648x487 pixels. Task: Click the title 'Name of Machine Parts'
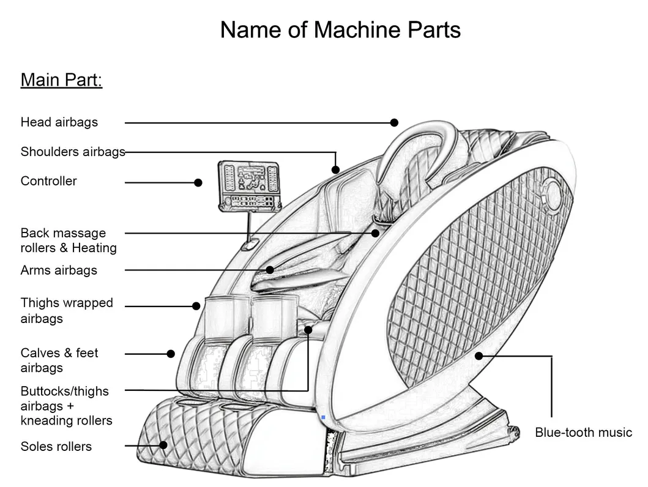[x=340, y=29]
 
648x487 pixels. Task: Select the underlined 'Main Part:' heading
[x=61, y=80]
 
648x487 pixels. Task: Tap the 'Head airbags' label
[x=59, y=122]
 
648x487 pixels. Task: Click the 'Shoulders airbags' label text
[x=72, y=152]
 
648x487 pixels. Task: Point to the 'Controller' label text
[x=48, y=181]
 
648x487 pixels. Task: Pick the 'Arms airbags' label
[x=59, y=270]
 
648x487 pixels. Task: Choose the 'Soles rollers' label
[x=56, y=447]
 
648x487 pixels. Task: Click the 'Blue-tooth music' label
[x=583, y=433]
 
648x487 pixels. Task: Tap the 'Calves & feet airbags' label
[x=59, y=360]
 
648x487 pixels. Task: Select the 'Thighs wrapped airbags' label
[x=67, y=310]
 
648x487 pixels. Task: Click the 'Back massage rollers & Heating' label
[x=68, y=240]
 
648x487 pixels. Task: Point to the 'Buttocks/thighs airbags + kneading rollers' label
[x=66, y=406]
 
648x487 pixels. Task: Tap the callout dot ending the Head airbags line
[x=395, y=122]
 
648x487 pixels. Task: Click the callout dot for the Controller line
[x=198, y=182]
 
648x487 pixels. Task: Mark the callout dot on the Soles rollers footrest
[x=163, y=445]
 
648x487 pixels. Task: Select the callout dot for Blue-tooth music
[x=479, y=355]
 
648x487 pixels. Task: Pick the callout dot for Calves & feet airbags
[x=171, y=354]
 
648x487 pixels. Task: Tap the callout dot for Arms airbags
[x=270, y=270]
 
